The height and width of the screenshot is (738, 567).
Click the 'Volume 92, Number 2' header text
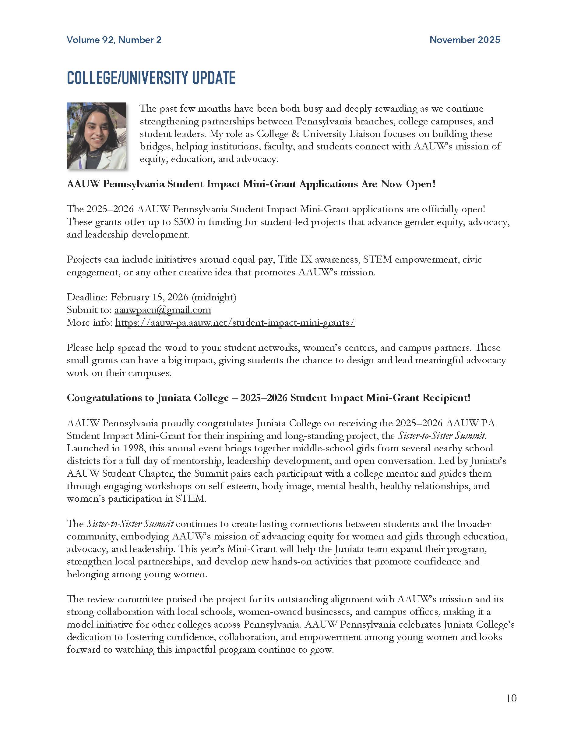click(x=114, y=40)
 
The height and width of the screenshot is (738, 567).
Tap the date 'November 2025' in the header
click(x=464, y=40)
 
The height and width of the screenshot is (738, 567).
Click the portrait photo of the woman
click(x=96, y=135)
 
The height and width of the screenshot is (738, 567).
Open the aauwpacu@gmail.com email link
click(x=163, y=310)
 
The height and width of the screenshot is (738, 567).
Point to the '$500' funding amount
click(x=184, y=222)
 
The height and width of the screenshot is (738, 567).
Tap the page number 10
click(x=511, y=698)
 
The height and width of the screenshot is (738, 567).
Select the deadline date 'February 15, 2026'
click(x=149, y=297)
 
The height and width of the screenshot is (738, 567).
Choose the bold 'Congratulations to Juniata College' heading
click(x=268, y=398)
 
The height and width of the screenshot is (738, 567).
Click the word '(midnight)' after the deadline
click(x=214, y=297)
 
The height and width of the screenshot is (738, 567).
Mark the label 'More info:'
click(x=90, y=322)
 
